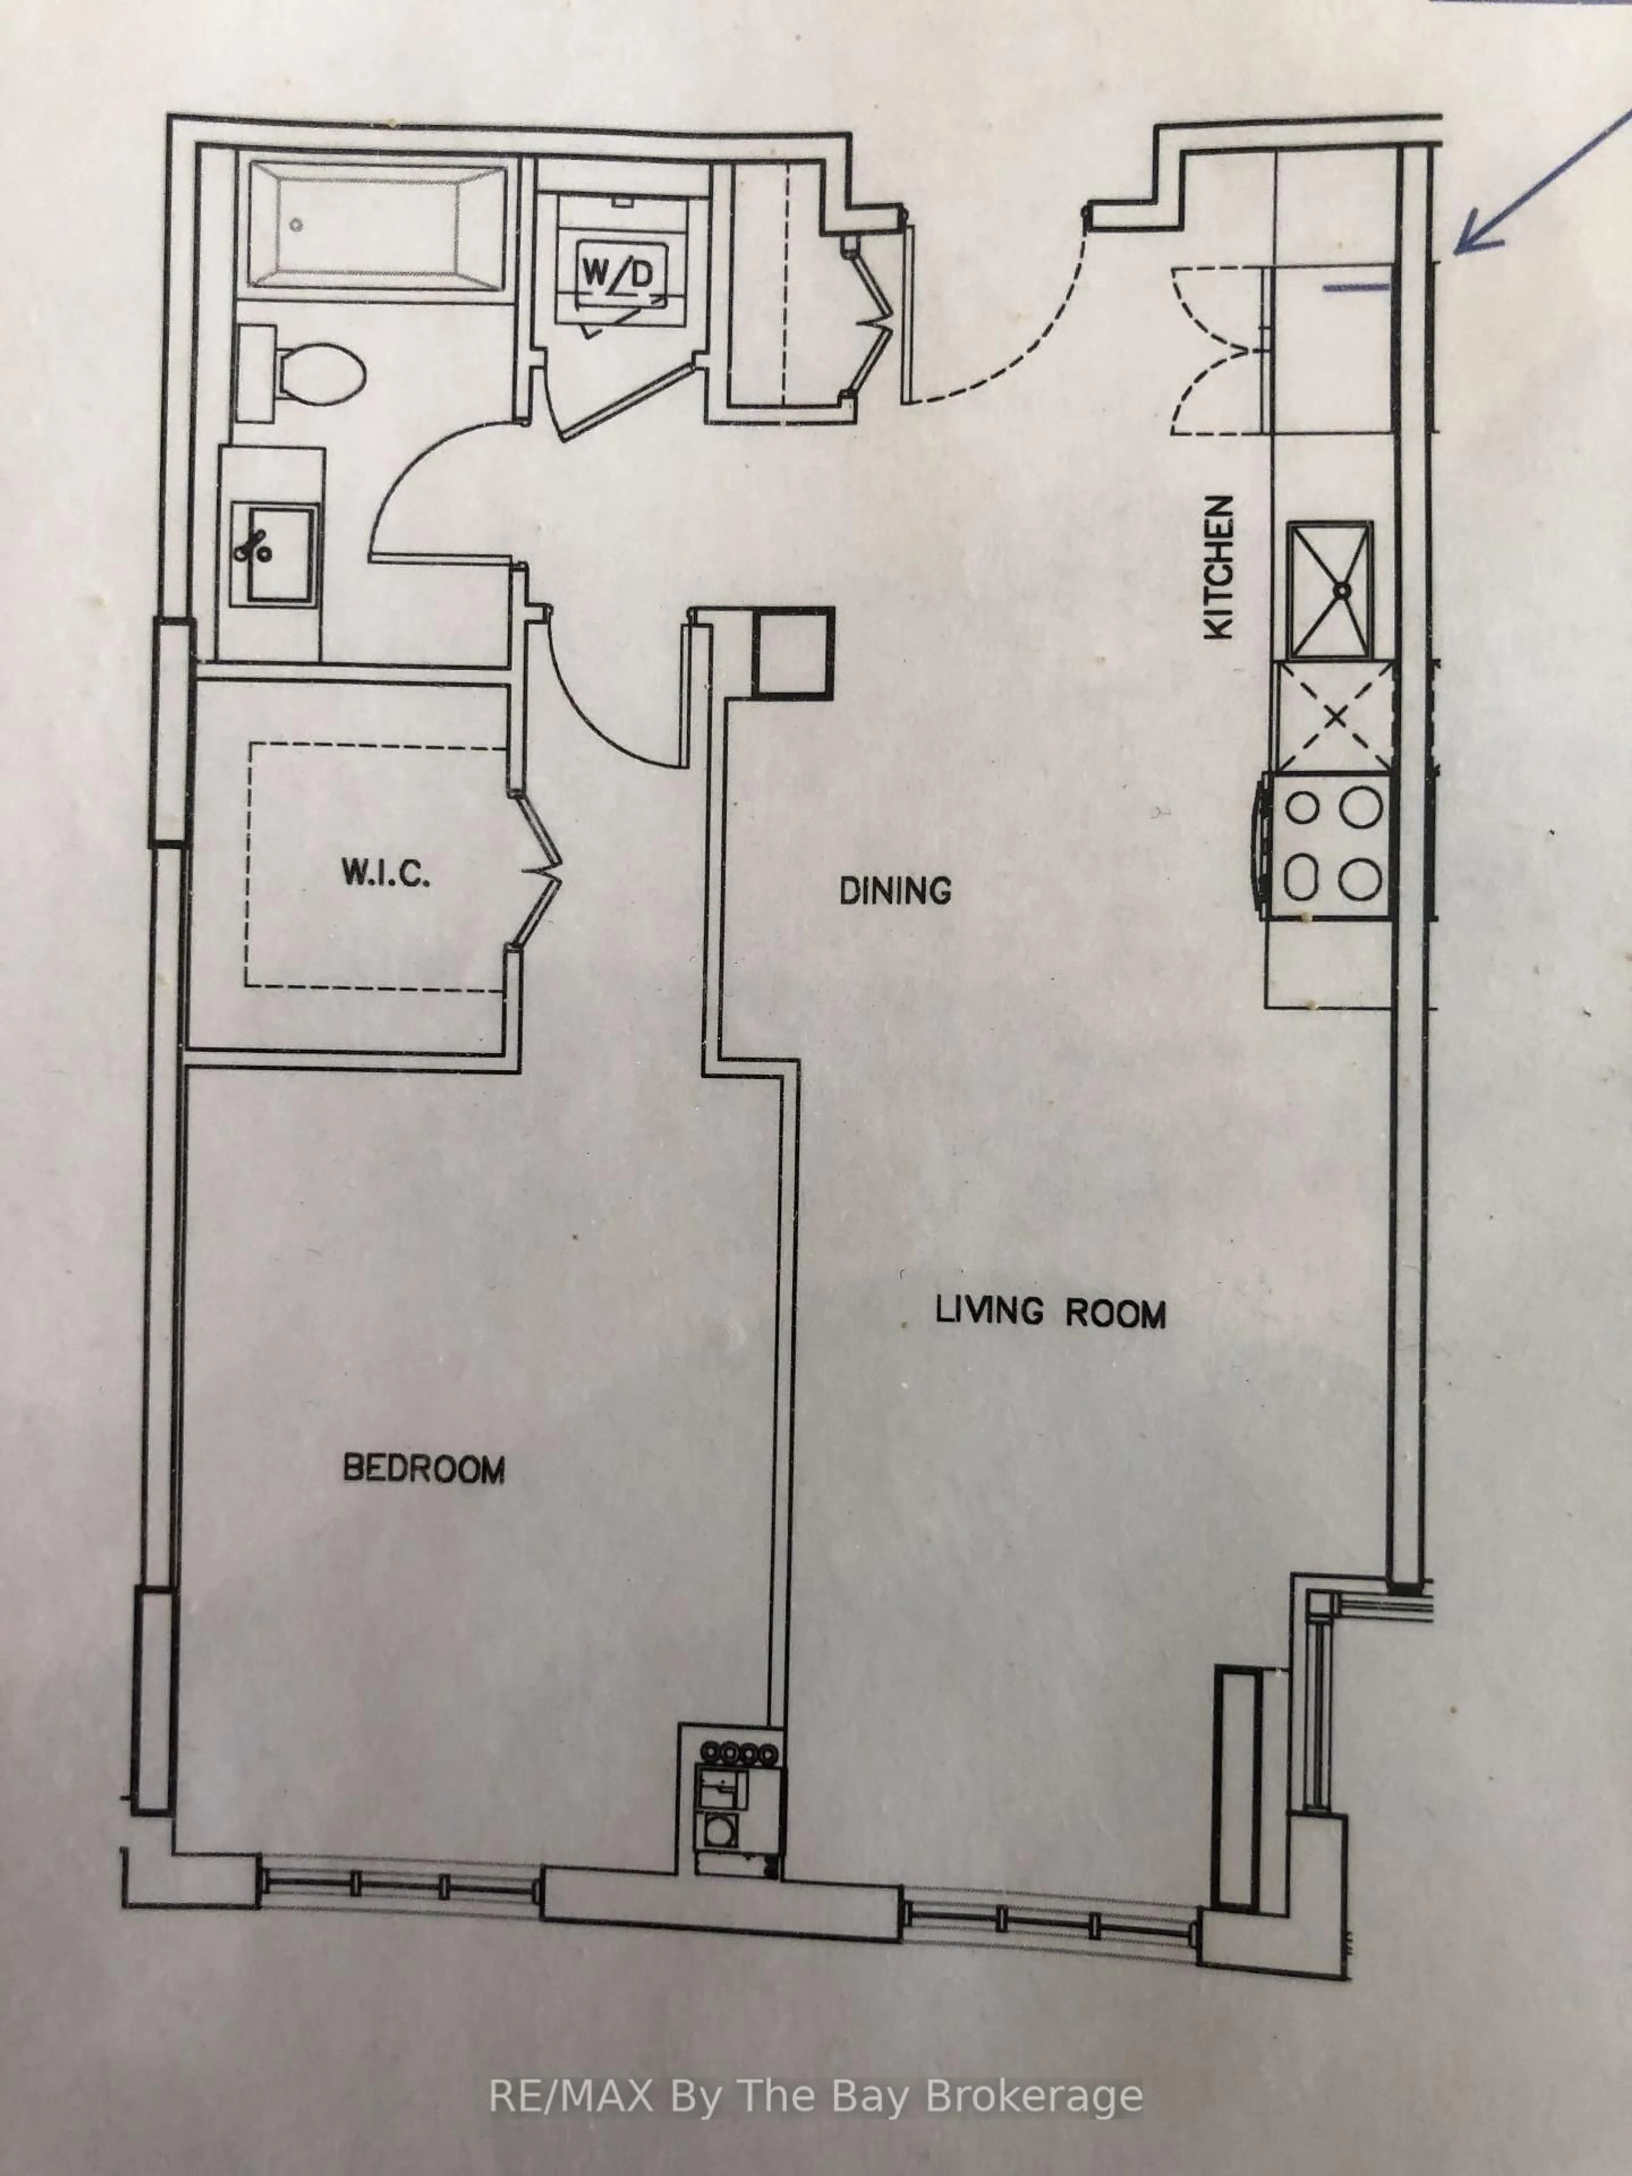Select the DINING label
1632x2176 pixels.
tap(895, 891)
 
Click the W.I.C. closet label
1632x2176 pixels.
tap(385, 873)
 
